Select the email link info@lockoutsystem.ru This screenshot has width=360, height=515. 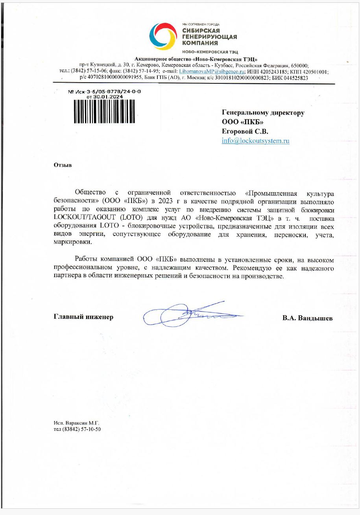pyautogui.click(x=255, y=141)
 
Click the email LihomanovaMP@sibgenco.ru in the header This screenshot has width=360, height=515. pyautogui.click(x=212, y=72)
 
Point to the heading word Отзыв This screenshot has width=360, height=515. pyautogui.click(x=63, y=165)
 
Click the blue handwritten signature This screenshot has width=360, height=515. pyautogui.click(x=189, y=315)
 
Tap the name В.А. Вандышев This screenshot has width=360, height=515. pyautogui.click(x=307, y=318)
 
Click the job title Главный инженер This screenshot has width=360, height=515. pyautogui.click(x=83, y=317)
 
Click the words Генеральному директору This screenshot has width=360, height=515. pyautogui.click(x=263, y=113)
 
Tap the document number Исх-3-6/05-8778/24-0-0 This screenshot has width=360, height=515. pyautogui.click(x=108, y=91)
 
